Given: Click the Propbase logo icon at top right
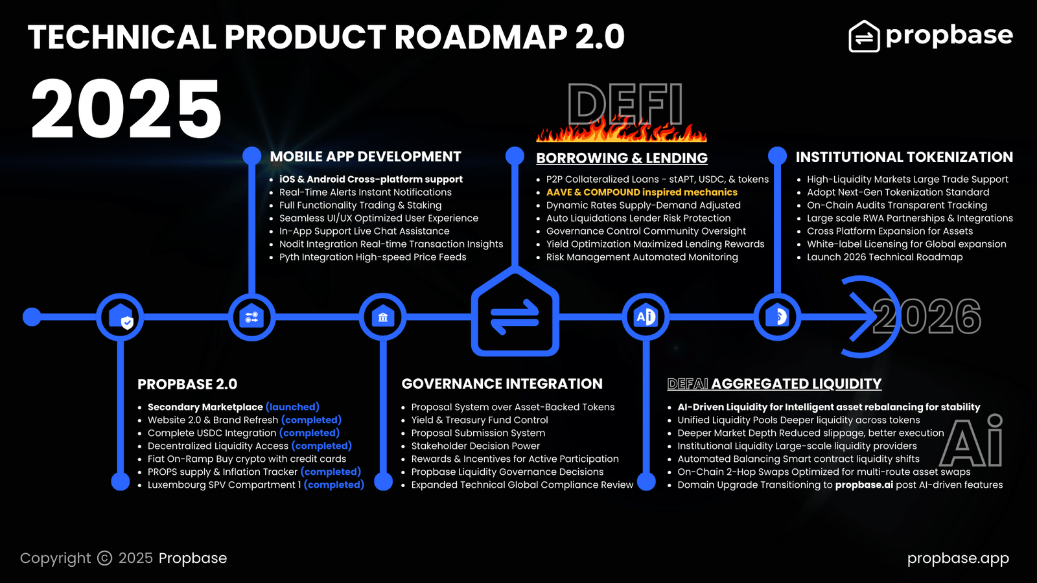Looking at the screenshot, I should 864,36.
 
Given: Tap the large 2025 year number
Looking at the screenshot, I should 126,109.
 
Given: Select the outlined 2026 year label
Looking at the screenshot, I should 927,317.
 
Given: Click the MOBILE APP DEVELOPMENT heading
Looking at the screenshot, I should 366,157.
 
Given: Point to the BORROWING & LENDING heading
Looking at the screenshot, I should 622,158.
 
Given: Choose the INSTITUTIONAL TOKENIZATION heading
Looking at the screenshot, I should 904,157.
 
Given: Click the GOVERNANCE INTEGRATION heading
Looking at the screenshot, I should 502,384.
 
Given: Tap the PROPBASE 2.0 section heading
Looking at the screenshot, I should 187,384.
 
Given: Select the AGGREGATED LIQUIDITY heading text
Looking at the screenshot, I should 796,384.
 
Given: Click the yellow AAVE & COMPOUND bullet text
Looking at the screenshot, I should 642,192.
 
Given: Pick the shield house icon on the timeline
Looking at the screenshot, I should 121,317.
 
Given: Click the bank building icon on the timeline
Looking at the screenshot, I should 383,317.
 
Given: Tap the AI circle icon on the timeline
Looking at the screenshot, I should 646,317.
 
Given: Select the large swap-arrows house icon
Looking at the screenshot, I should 515,314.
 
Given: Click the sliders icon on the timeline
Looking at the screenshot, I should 251,317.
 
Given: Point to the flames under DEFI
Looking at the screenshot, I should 621,130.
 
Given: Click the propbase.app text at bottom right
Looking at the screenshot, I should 958,558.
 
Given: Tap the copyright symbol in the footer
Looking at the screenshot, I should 105,558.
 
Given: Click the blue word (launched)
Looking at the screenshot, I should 292,407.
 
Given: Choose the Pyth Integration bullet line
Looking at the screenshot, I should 373,257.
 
